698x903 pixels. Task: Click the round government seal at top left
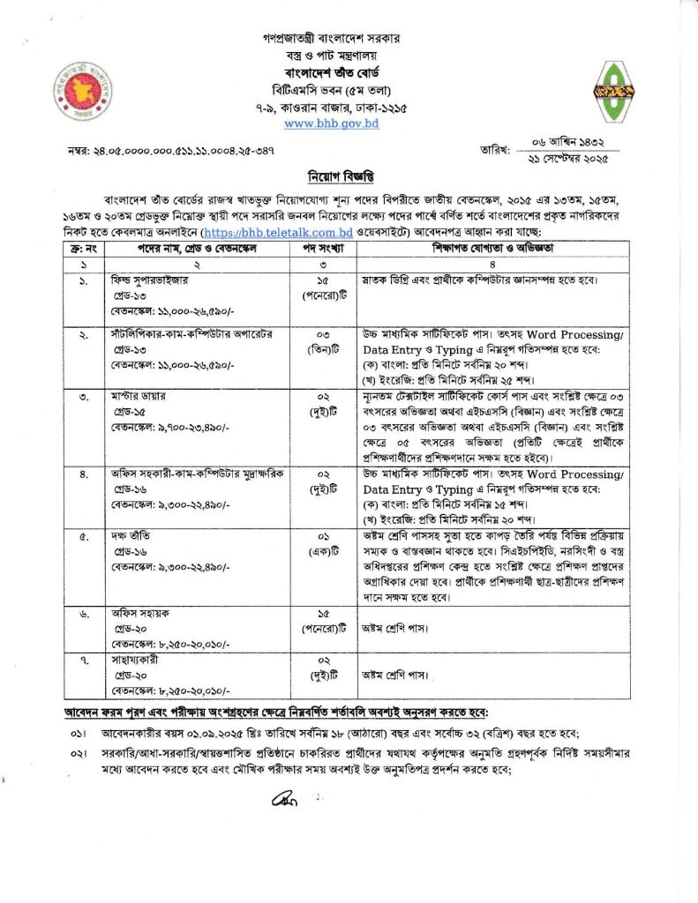[x=83, y=89]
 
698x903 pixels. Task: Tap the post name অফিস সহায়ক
[x=129, y=618]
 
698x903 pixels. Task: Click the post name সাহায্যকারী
[x=128, y=660]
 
